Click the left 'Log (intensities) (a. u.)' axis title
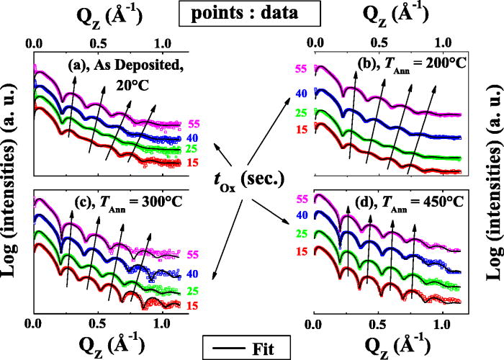point(12,180)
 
